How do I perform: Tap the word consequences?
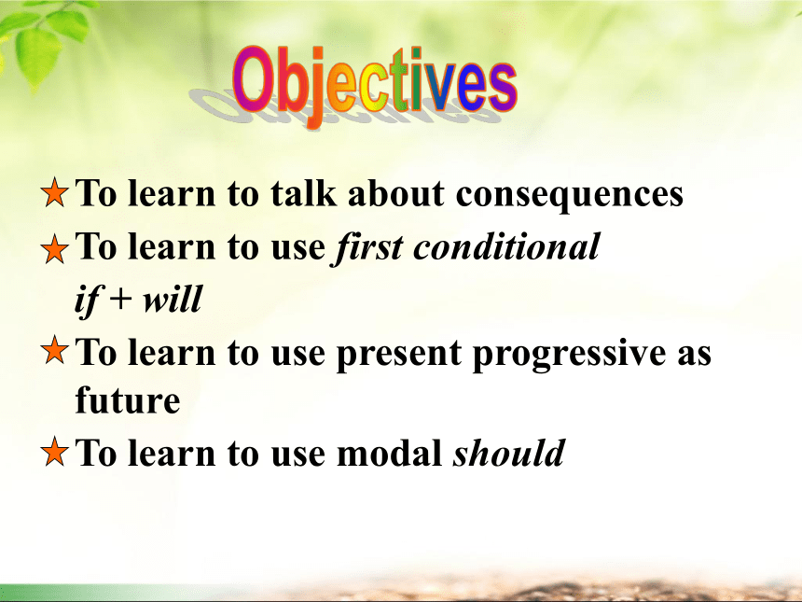click(x=569, y=195)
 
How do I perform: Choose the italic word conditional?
click(x=506, y=246)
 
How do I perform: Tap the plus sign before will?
click(x=120, y=300)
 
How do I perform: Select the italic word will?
click(x=173, y=299)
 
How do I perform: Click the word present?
click(x=399, y=355)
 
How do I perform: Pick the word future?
click(x=128, y=399)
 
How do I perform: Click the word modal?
click(x=389, y=453)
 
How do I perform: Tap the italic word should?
click(x=509, y=453)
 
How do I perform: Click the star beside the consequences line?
click(x=54, y=192)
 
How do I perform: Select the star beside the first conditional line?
click(x=54, y=249)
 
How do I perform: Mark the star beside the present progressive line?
click(x=54, y=350)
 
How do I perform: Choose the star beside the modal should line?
click(x=54, y=452)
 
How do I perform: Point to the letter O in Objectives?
click(x=252, y=78)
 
